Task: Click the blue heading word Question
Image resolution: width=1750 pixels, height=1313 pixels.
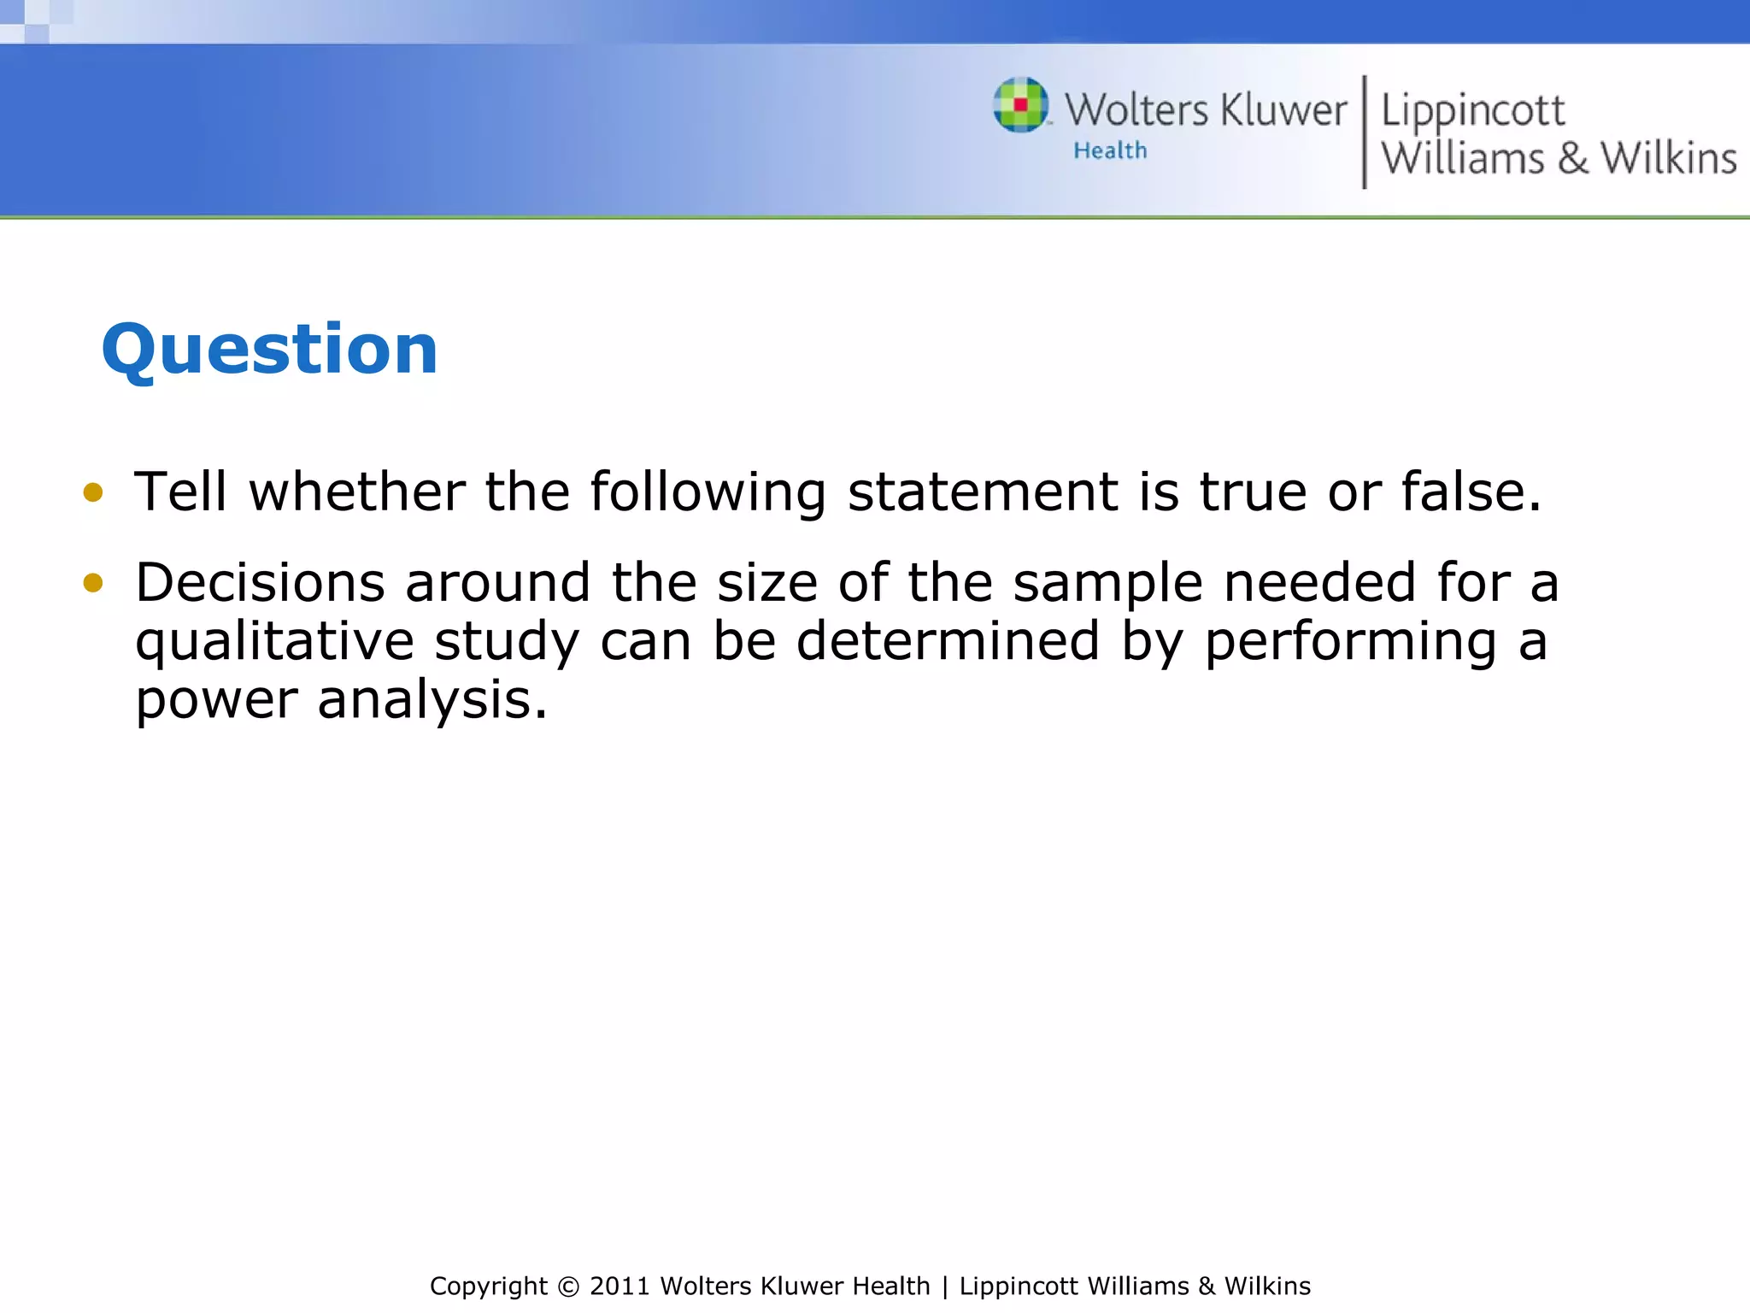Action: point(269,350)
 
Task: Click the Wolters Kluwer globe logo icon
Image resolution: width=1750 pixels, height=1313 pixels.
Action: point(1020,105)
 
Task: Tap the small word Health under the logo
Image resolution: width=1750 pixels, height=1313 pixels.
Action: point(1110,151)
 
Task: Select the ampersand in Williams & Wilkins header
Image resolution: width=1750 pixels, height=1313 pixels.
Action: point(1572,159)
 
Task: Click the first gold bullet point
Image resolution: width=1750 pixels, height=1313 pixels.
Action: point(93,492)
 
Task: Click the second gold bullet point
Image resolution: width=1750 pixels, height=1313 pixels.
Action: point(93,583)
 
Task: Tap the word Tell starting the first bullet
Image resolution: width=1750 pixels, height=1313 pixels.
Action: point(180,492)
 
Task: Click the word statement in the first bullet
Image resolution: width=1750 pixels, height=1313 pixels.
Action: point(983,492)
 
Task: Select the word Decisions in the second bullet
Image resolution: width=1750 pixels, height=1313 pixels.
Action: point(260,583)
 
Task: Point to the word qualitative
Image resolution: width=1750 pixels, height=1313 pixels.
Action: point(274,642)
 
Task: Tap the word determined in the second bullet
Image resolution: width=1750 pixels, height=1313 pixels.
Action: point(948,642)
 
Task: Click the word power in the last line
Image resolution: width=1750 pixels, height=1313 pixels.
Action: point(216,701)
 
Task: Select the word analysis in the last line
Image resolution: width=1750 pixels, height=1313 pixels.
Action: point(432,701)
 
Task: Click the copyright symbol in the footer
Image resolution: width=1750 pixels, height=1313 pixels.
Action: point(567,1287)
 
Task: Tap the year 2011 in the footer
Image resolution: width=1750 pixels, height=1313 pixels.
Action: point(620,1287)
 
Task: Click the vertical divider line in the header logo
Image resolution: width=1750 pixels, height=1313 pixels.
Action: point(1364,132)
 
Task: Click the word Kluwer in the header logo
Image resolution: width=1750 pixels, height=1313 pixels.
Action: point(1283,111)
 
